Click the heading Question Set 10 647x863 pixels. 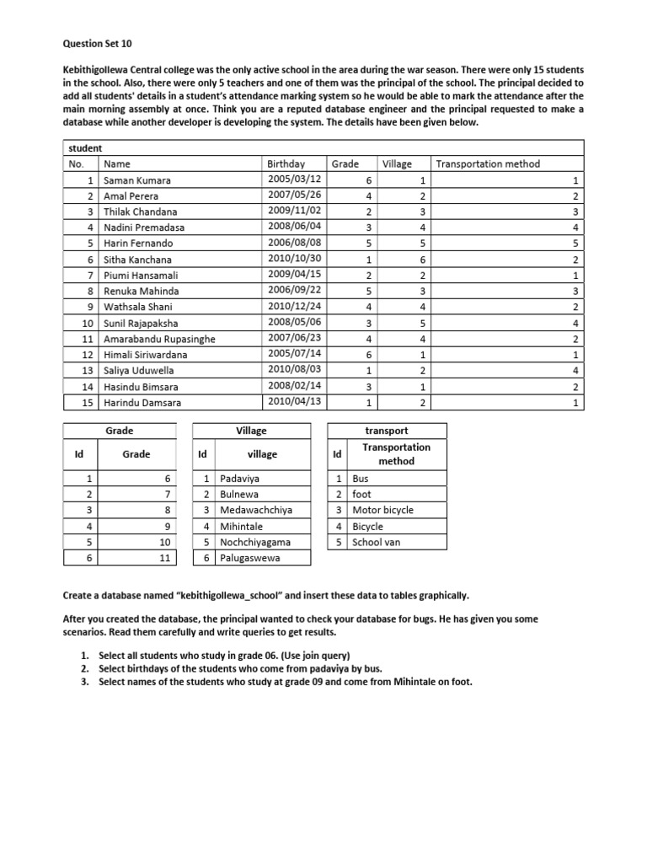click(98, 42)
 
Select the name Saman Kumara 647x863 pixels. click(136, 180)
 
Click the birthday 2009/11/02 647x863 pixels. click(293, 212)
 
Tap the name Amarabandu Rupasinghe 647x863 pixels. click(159, 339)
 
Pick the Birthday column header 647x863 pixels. click(286, 163)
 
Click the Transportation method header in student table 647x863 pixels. click(488, 163)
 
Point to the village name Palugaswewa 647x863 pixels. click(251, 558)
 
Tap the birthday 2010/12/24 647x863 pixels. click(293, 307)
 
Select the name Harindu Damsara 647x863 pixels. click(142, 402)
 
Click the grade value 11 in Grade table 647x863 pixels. click(164, 558)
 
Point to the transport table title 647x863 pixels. click(386, 431)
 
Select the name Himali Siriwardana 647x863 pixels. click(145, 355)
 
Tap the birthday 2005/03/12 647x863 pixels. click(293, 180)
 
